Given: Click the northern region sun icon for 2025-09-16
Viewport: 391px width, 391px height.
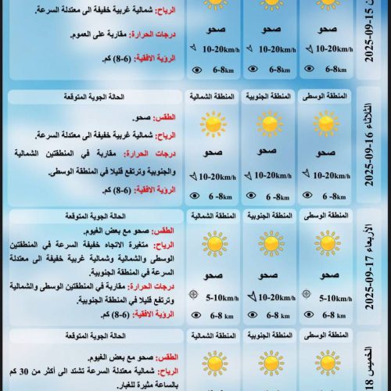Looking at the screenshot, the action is (x=213, y=124).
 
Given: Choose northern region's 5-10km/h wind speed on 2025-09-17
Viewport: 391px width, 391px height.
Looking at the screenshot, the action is (x=217, y=296).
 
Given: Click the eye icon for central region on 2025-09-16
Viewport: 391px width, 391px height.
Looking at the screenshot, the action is (x=307, y=196).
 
